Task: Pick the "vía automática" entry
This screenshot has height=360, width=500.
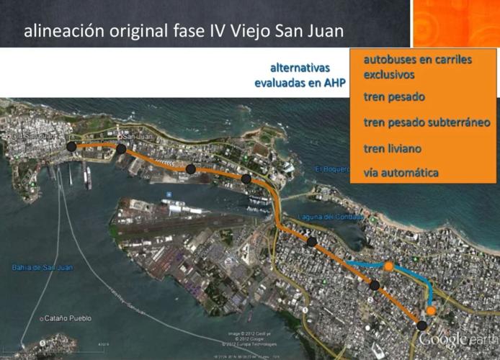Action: point(401,173)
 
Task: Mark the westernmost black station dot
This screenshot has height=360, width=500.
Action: point(71,147)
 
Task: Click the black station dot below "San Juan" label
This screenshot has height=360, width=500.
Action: point(121,149)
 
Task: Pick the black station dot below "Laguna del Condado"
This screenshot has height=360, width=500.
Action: point(311,242)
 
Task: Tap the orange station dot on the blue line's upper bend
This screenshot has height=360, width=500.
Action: point(388,266)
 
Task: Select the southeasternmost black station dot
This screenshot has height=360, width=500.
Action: point(421,326)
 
